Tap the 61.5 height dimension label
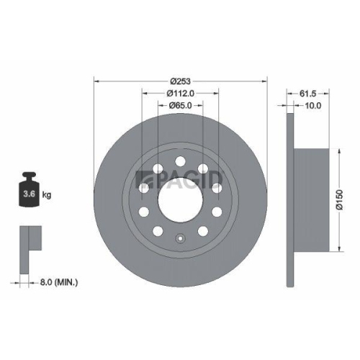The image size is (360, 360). click(x=308, y=93)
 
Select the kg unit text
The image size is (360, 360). click(x=46, y=195)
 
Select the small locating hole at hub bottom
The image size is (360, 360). click(x=179, y=238)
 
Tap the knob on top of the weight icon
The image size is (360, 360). click(x=29, y=176)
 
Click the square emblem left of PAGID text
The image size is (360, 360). click(x=142, y=178)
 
